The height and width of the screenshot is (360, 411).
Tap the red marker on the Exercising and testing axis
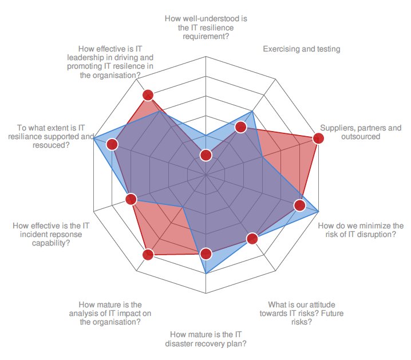point(241,127)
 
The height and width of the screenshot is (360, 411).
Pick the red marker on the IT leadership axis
point(148,95)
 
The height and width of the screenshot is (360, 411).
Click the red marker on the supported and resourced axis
point(112,144)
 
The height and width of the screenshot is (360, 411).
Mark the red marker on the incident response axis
point(131,199)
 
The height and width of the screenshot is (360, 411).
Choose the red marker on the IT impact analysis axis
point(148,255)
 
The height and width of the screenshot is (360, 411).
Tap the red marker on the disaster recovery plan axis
point(206,253)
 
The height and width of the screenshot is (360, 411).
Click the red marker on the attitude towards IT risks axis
point(252,238)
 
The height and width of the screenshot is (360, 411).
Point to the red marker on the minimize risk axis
point(299,205)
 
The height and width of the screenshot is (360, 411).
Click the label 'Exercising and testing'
point(301,49)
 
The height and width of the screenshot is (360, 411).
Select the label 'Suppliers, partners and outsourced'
point(361,132)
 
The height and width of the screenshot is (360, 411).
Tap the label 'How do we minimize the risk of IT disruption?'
point(361,230)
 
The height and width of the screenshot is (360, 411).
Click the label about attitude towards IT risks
point(301,313)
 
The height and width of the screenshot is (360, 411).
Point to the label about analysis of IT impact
point(110,313)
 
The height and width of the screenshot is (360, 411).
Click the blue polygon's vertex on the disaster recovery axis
point(206,275)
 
